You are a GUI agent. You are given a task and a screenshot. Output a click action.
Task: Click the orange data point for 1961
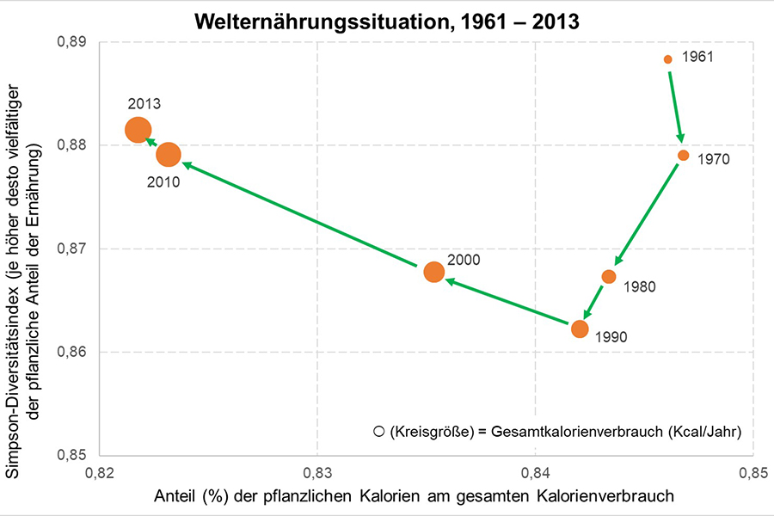tap(667, 59)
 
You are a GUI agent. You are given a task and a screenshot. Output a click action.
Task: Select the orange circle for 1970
tap(683, 156)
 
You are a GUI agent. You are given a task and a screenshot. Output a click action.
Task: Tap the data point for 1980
tap(609, 276)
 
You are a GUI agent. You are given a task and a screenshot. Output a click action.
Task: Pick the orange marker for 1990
tap(580, 329)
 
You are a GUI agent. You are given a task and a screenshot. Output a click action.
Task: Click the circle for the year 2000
tap(434, 272)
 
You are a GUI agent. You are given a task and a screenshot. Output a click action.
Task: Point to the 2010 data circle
tap(169, 155)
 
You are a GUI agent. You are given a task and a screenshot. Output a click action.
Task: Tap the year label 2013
tap(144, 104)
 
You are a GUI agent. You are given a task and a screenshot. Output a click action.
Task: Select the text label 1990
tap(611, 337)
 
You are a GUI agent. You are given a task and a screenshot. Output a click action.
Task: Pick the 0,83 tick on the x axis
tap(317, 471)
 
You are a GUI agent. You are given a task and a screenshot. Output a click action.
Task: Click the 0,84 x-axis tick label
tap(535, 471)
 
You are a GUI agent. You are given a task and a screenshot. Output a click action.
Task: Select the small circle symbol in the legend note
tap(378, 431)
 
